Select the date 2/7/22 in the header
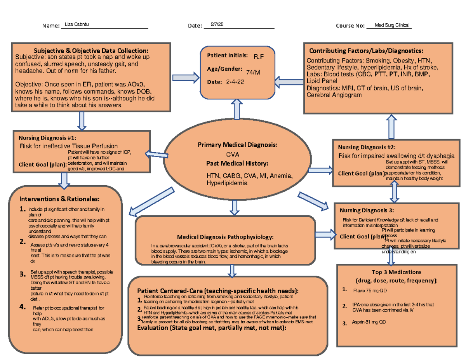[217, 25]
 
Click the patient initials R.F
[258, 57]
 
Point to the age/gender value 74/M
[253, 72]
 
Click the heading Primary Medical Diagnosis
[237, 145]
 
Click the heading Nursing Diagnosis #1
[47, 137]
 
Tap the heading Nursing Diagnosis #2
[367, 147]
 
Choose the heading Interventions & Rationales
[57, 199]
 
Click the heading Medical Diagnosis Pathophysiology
[225, 237]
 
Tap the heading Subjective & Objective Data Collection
[91, 50]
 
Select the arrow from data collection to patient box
[184, 78]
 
